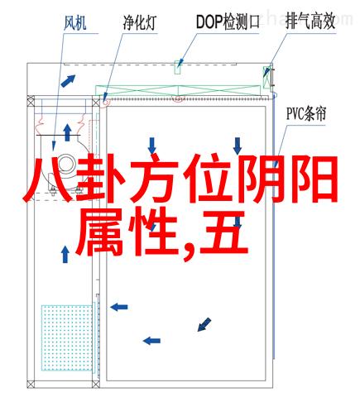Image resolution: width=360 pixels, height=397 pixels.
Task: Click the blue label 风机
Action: point(75,23)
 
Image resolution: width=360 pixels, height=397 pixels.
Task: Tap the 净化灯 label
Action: point(140,22)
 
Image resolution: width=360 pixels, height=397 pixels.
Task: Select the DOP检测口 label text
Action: point(228,22)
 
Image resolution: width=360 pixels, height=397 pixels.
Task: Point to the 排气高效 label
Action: point(310,22)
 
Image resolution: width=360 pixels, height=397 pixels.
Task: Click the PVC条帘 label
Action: point(306,114)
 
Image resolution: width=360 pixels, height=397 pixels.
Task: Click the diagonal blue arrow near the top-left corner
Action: point(68,81)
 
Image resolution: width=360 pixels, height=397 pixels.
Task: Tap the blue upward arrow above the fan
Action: point(67,132)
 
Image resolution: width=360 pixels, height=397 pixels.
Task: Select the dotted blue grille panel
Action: point(67,337)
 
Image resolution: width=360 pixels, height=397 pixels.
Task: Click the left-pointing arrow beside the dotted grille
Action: point(119,307)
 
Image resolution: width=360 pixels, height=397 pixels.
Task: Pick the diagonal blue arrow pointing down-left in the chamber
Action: point(204,324)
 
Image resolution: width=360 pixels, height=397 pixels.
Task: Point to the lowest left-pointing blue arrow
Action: point(151,341)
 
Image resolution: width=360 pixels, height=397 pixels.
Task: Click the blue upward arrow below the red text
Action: point(65,255)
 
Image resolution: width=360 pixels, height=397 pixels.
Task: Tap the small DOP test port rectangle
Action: point(177,67)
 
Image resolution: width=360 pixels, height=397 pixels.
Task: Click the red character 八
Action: point(46,179)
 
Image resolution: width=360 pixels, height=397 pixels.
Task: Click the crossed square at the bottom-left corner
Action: point(31,385)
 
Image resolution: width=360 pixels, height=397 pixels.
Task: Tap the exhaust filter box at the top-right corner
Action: point(267,78)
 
